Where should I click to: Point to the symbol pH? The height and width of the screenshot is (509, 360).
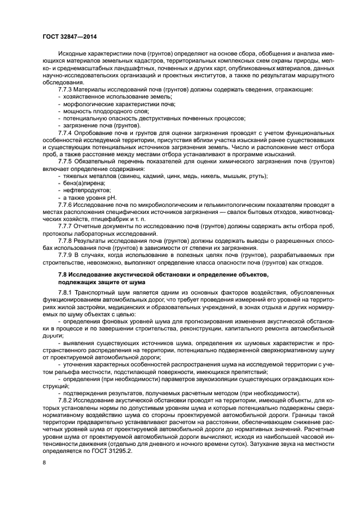click(x=112, y=198)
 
